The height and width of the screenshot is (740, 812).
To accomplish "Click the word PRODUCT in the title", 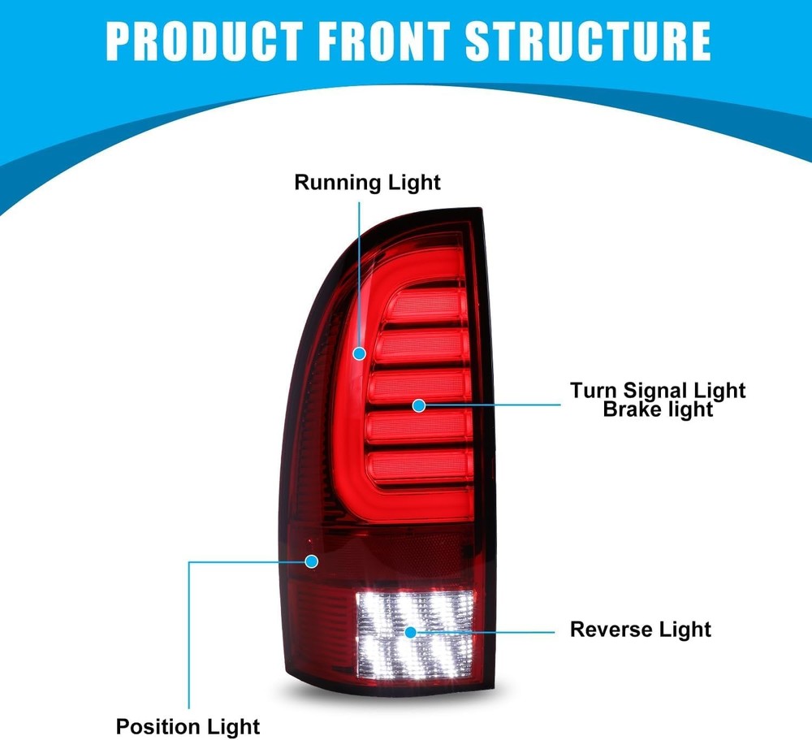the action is point(205,41).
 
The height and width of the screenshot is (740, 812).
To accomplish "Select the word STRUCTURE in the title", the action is point(588,41).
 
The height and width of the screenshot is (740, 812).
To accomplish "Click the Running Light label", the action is point(367,183).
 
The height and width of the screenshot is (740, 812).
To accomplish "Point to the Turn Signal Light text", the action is point(658,390).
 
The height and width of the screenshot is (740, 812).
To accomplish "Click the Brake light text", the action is point(658,409).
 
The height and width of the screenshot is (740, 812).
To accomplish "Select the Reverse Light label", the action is point(641,630).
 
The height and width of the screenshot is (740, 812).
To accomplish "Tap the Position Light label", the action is point(188,727).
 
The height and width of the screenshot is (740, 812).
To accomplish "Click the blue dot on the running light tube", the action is point(360,354).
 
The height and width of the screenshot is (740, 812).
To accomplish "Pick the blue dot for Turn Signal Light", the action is point(419,406).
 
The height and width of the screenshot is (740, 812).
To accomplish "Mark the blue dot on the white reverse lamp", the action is point(411,632).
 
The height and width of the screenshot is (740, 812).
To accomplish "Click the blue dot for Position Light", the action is point(311,561).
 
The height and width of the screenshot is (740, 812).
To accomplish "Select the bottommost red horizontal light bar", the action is point(421,466).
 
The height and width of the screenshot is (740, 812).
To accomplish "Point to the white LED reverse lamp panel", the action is point(415,634).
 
